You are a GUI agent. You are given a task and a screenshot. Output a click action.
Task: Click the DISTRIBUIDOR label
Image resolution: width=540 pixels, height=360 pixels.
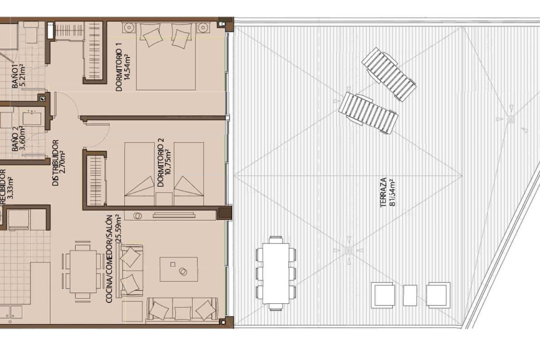[55, 163]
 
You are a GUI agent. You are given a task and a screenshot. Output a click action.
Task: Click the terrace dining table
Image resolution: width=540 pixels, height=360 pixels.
[276, 273]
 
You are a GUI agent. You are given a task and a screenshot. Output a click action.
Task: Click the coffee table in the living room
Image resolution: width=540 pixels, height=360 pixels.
[179, 269]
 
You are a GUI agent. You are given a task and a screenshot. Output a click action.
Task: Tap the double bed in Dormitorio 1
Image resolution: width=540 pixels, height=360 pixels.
[166, 56]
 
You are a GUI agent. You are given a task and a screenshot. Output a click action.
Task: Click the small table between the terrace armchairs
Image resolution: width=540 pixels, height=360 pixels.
[410, 295]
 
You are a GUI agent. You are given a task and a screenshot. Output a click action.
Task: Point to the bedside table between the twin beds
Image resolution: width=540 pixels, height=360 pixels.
[164, 198]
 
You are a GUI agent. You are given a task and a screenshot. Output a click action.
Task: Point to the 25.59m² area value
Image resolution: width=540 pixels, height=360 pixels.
[118, 229]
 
